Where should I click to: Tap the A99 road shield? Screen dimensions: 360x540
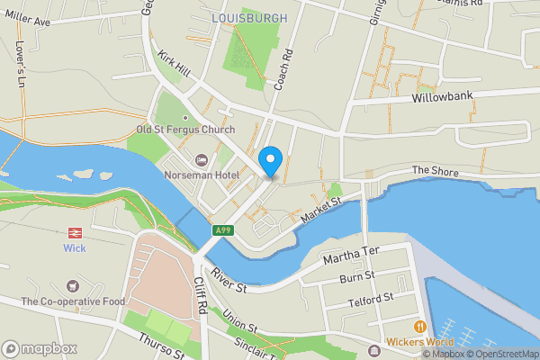(223, 231)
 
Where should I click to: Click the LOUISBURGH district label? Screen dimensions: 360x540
(250, 18)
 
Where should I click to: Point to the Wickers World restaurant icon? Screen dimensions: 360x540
(418, 326)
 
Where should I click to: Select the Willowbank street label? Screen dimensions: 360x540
(442, 96)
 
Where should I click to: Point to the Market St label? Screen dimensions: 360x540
(322, 211)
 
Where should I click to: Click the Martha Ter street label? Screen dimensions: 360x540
(352, 255)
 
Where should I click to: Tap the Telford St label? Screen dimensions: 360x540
(371, 297)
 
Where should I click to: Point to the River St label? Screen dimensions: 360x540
(229, 280)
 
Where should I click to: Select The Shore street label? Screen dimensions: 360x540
(436, 171)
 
